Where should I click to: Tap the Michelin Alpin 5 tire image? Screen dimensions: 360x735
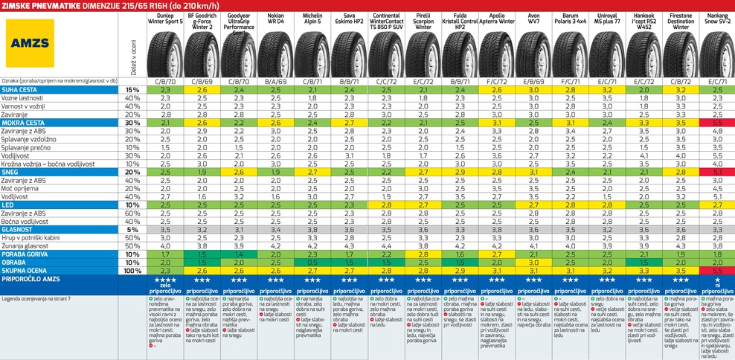coord(312,53)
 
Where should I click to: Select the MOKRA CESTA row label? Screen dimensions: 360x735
coord(25,122)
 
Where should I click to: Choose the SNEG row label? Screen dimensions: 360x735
coord(12,171)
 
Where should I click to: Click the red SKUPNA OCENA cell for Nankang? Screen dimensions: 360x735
coord(717,270)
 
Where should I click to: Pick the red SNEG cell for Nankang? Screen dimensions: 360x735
coord(717,172)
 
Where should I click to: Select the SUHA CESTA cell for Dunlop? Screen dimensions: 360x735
coord(165,89)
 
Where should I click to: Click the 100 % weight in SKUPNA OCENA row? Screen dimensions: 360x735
coord(132,270)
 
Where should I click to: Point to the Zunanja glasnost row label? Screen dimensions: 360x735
coord(30,245)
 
